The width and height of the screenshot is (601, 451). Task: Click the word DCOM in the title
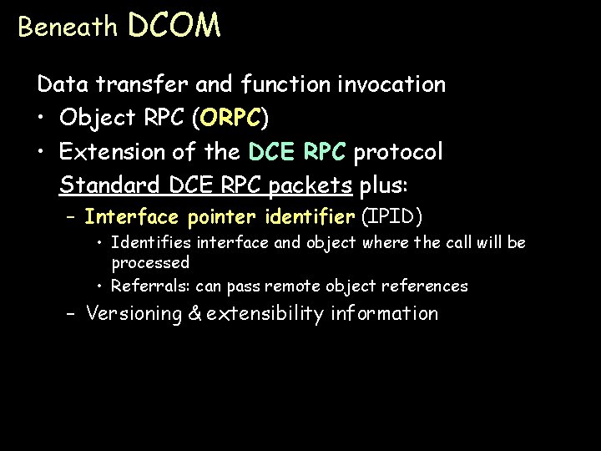(x=174, y=26)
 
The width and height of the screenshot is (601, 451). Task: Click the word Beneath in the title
(x=68, y=28)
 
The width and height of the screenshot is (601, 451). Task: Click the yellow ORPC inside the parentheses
(x=230, y=119)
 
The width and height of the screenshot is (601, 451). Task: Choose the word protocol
(x=398, y=153)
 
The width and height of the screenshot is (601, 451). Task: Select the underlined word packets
(x=314, y=185)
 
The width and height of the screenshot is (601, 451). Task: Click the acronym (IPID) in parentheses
(x=392, y=218)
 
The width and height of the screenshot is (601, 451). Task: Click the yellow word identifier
(x=309, y=218)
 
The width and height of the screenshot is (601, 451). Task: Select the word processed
(x=150, y=262)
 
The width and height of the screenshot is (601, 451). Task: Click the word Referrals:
(x=151, y=286)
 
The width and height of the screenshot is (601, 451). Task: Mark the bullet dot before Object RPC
(x=42, y=119)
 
